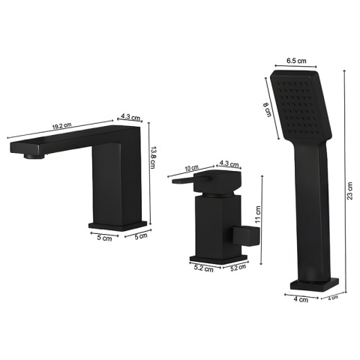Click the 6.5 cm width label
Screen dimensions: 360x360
297,60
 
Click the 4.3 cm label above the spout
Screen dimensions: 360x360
130,117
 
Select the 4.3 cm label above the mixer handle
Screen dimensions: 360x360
229,164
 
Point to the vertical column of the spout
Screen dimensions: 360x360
116,180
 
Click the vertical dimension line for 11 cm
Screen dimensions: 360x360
261,217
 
